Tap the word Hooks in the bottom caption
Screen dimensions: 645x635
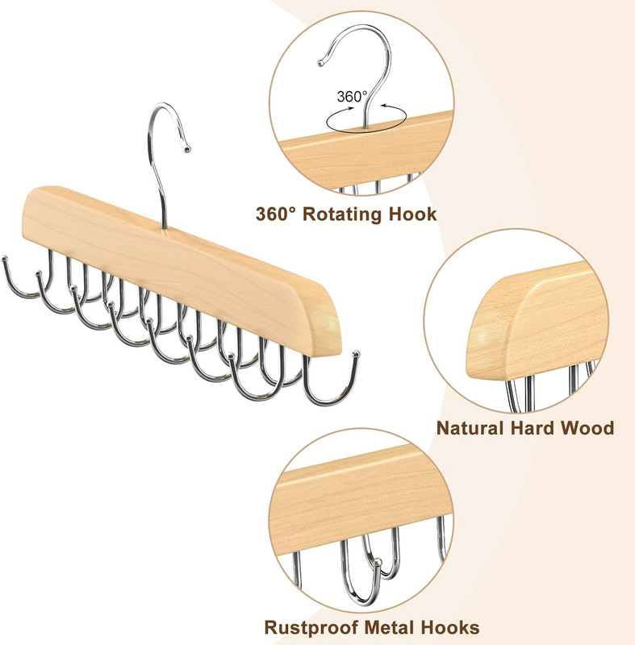(x=454, y=627)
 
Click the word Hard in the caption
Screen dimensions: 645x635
(x=541, y=427)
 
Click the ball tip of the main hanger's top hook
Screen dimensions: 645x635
(x=188, y=149)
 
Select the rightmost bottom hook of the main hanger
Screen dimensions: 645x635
(x=331, y=387)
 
